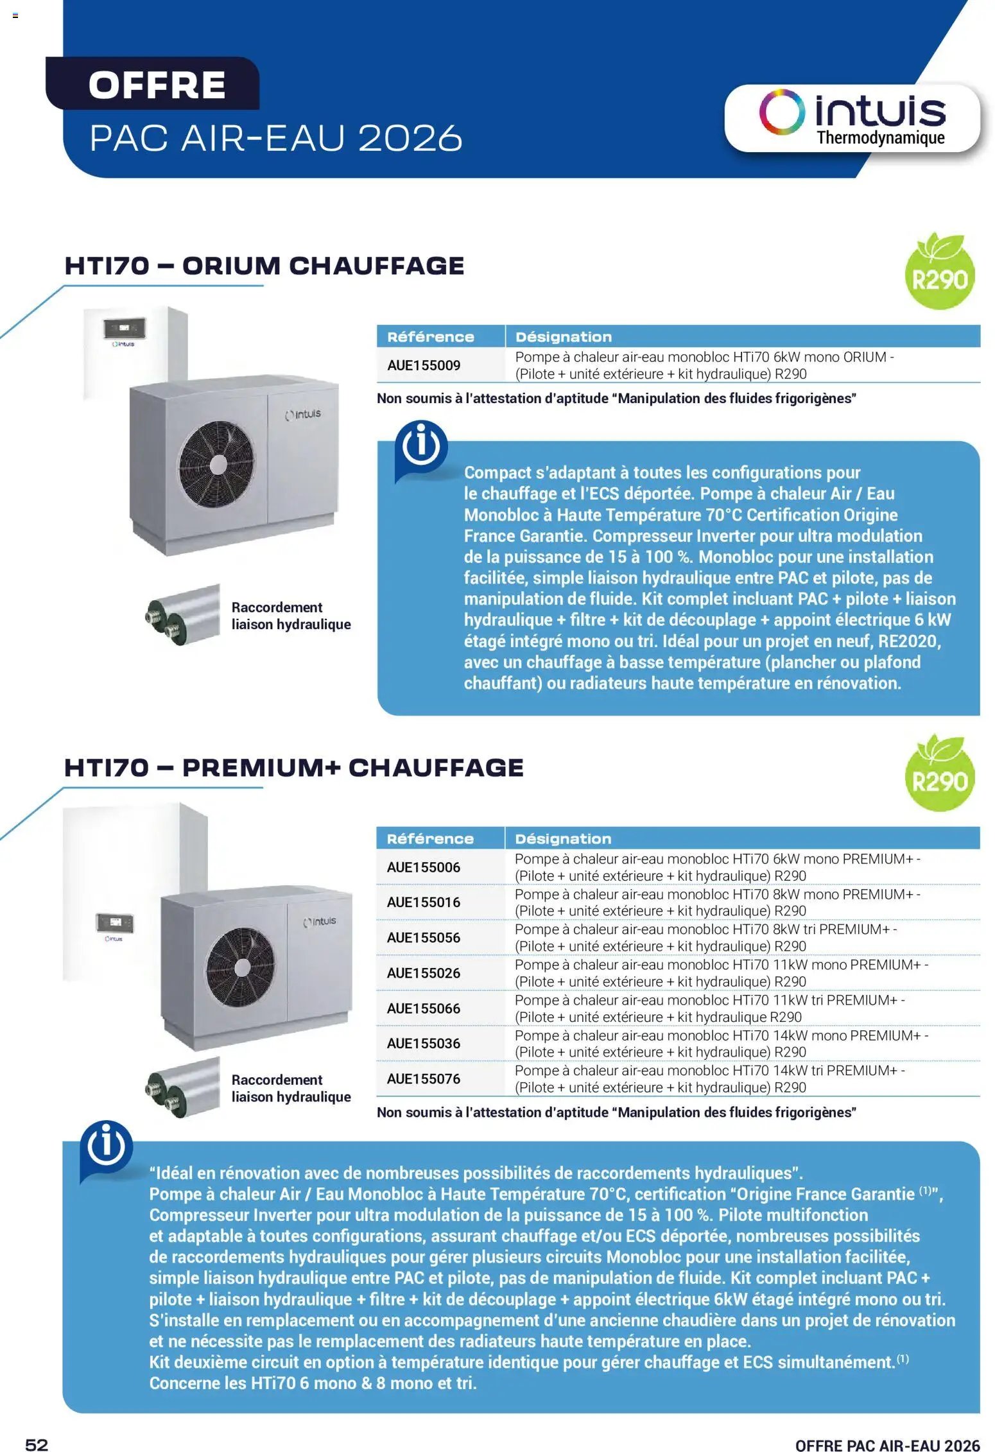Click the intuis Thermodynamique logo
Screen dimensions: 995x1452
852,118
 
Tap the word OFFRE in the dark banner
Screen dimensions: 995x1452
157,85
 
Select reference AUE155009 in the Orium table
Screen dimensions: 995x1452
424,365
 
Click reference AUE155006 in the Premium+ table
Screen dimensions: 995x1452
424,867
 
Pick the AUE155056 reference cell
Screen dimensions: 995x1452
424,938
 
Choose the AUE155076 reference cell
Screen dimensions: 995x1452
424,1079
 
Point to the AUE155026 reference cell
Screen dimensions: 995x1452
424,973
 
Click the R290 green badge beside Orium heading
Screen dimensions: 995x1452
940,272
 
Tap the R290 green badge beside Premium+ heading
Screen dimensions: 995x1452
940,774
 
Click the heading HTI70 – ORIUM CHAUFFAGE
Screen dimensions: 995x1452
264,266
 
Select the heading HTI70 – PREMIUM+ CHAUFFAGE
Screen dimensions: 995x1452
294,768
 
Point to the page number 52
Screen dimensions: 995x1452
37,1444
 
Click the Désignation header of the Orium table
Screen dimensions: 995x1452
564,337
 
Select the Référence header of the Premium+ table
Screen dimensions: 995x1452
430,839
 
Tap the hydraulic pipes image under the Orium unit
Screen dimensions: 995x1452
183,615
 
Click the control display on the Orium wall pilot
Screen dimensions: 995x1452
124,328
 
